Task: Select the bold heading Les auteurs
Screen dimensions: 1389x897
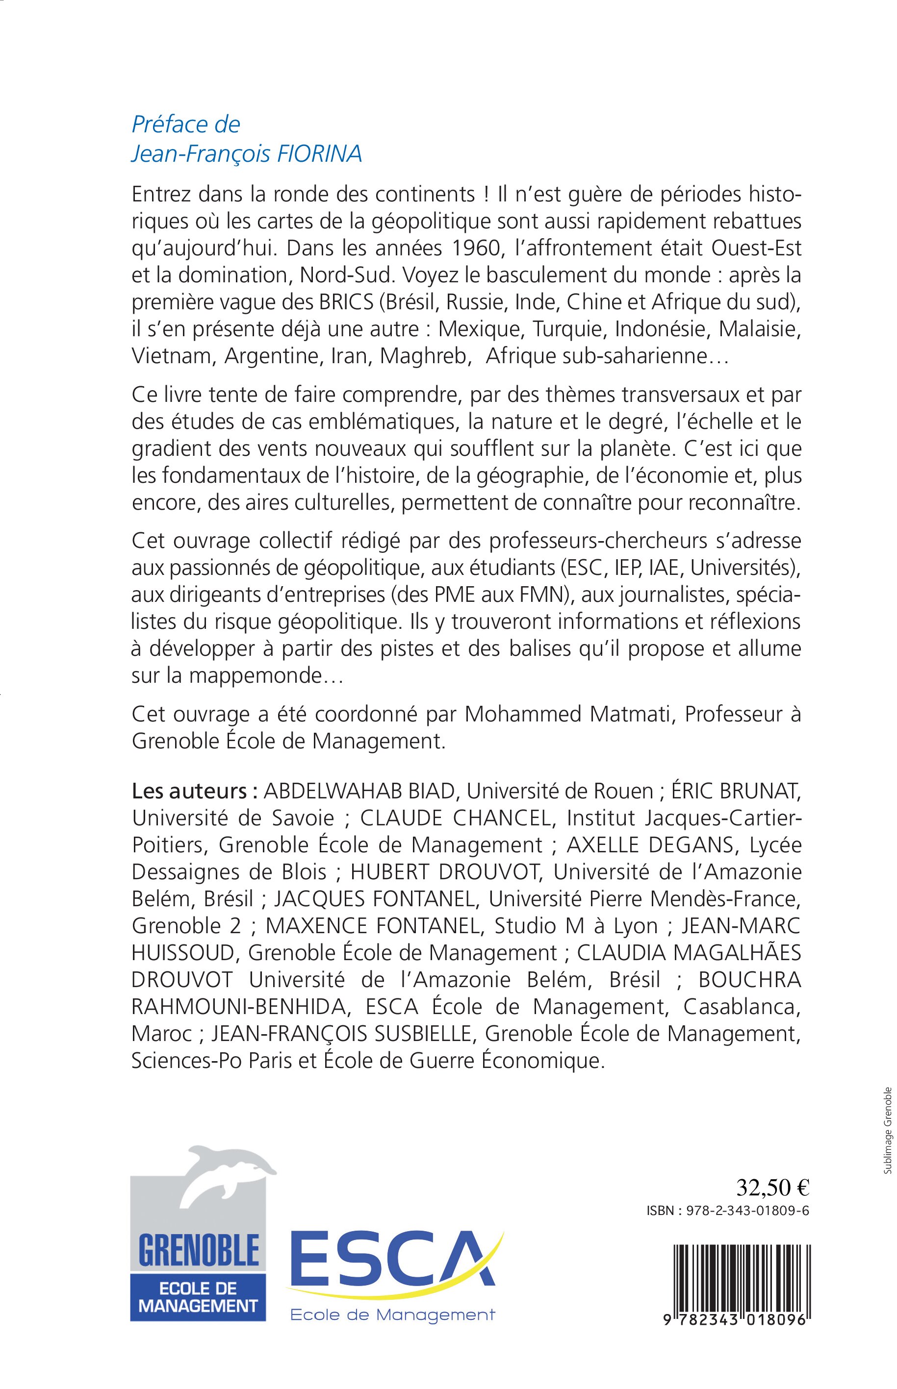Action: [195, 791]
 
